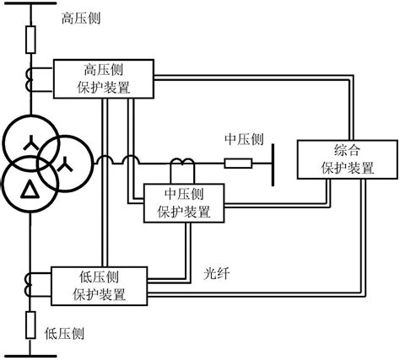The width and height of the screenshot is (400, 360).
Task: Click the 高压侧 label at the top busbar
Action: click(x=83, y=18)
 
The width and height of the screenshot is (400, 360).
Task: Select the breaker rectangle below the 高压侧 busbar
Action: click(x=30, y=39)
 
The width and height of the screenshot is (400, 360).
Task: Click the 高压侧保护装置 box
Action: click(x=103, y=78)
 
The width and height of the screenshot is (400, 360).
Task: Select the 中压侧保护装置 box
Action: click(x=184, y=202)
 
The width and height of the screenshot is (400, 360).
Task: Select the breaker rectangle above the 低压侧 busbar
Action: click(x=30, y=322)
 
